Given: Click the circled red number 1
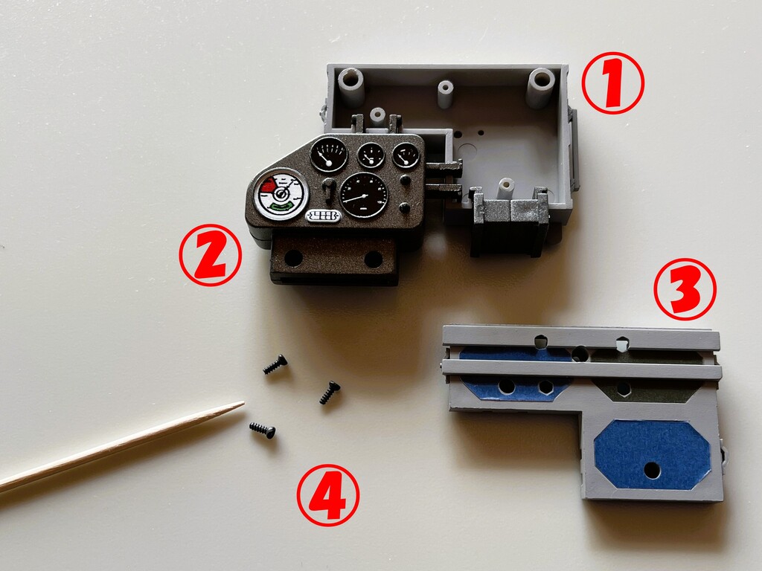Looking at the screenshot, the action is (x=613, y=83).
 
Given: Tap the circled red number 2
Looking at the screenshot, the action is (x=210, y=255).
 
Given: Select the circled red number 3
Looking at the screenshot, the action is (x=685, y=289).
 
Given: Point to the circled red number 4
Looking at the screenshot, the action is (x=328, y=495).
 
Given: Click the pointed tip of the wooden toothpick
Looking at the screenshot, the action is (x=243, y=402).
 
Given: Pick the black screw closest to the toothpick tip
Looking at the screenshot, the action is (x=263, y=430).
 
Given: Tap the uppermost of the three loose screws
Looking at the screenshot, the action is (x=275, y=364).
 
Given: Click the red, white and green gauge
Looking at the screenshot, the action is (x=281, y=194).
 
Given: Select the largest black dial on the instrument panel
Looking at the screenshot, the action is (x=364, y=196).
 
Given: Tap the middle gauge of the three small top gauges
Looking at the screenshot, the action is (x=371, y=155).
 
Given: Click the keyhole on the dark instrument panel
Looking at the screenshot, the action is (x=329, y=190).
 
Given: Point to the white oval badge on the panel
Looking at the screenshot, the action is (x=323, y=216).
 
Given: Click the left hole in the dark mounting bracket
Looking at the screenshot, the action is (x=293, y=258).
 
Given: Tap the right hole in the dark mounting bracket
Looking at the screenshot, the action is (x=374, y=259).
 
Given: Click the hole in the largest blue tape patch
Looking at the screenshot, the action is (x=652, y=470).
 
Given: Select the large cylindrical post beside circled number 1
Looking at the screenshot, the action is (x=541, y=88).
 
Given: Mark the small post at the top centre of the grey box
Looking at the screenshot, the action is (x=445, y=93).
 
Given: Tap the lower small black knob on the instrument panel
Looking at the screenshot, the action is (x=404, y=208).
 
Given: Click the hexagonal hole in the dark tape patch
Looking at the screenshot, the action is (x=624, y=388).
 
